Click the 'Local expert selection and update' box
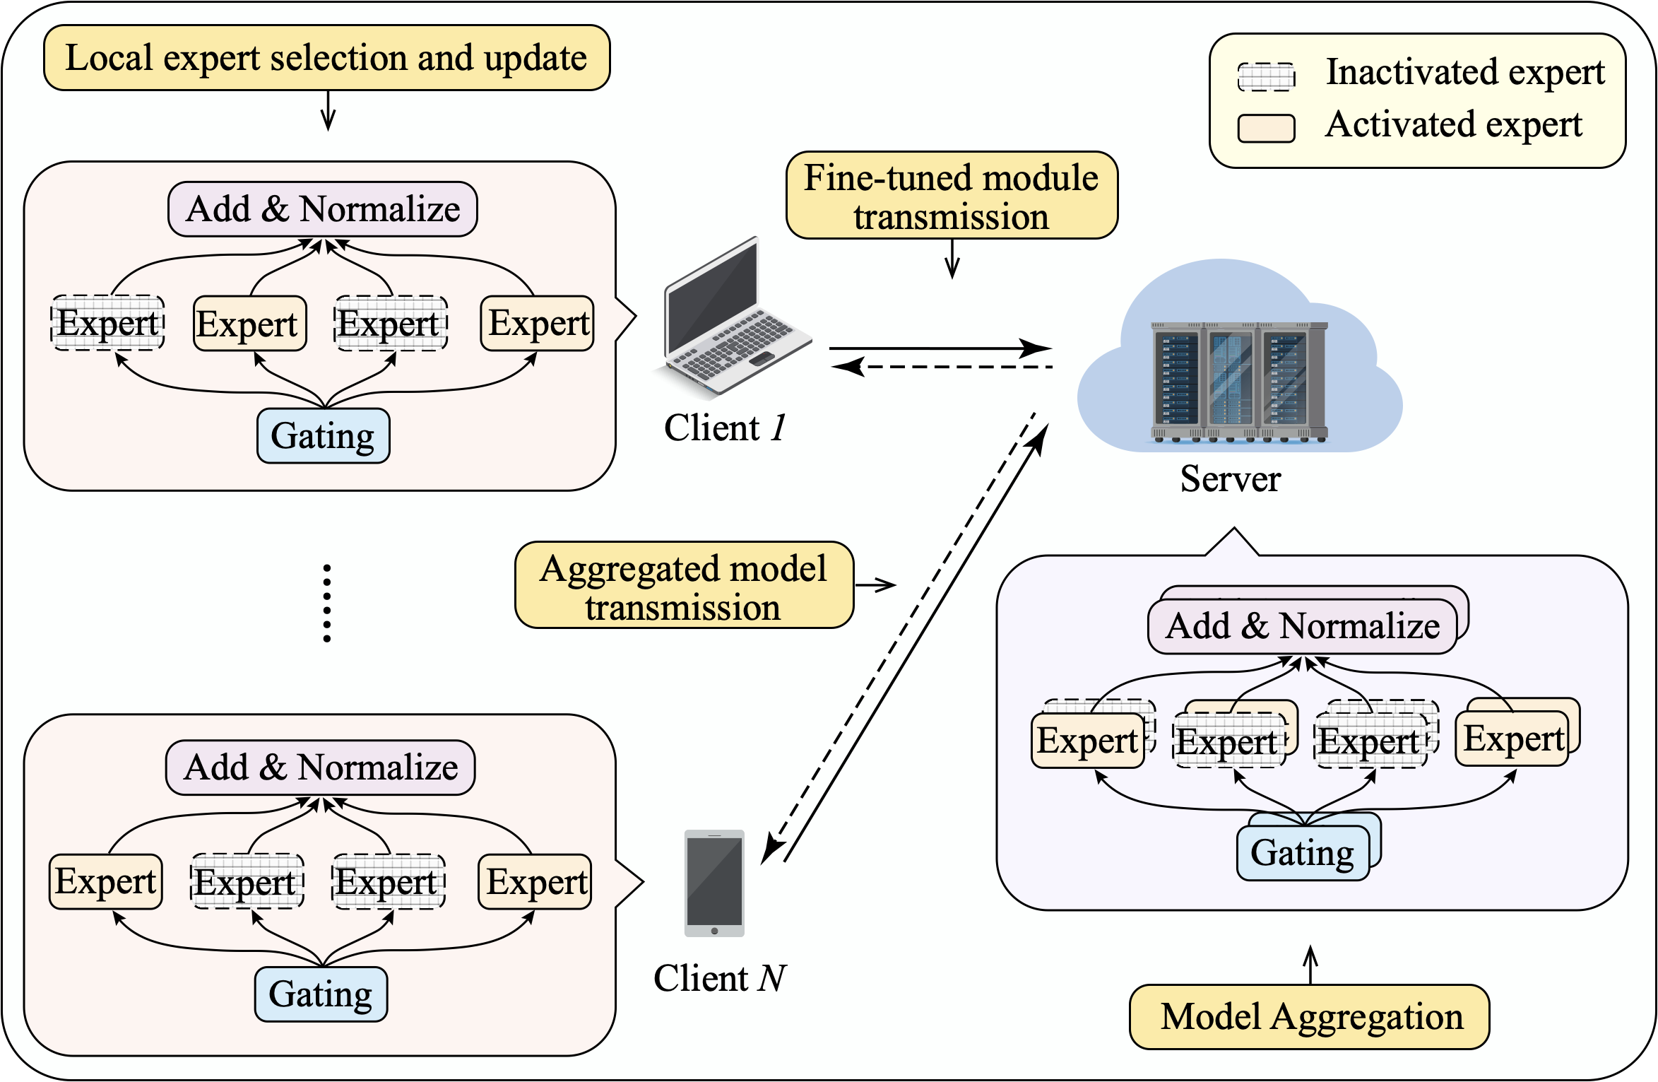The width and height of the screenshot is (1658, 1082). click(x=326, y=58)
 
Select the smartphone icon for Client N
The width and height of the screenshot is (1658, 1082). click(x=714, y=883)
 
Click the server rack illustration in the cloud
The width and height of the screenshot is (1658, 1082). click(x=1239, y=382)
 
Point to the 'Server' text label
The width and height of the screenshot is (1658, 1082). click(x=1230, y=479)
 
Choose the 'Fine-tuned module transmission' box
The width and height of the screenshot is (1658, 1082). click(x=951, y=196)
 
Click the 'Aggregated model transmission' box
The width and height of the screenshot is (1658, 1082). click(x=684, y=586)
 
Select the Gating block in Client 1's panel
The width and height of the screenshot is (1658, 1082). click(x=323, y=436)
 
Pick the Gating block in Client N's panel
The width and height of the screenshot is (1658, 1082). click(x=321, y=994)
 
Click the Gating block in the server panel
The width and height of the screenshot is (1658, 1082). click(x=1302, y=853)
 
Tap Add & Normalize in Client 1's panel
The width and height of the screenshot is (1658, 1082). click(x=323, y=209)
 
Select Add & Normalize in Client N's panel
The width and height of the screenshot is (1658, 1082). click(x=321, y=768)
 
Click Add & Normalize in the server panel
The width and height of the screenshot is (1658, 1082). click(x=1302, y=626)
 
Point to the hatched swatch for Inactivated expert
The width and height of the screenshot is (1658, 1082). click(x=1266, y=76)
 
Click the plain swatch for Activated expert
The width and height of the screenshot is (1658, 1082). click(x=1266, y=129)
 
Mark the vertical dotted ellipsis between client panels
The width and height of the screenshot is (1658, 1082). click(x=326, y=603)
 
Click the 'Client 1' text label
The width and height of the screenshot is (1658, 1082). click(x=725, y=428)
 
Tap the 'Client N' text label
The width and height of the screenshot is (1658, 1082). click(x=719, y=979)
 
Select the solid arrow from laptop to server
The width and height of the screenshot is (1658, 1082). click(x=940, y=348)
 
